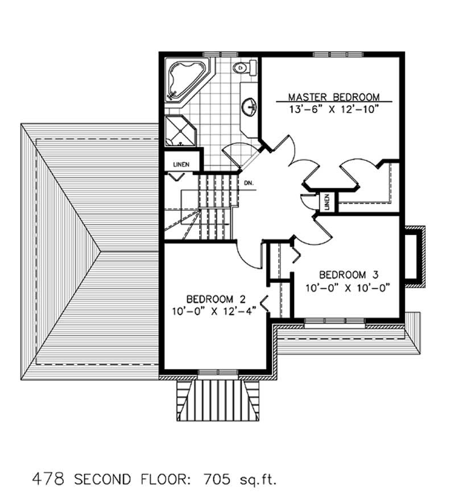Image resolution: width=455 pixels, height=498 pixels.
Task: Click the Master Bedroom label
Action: (x=333, y=97)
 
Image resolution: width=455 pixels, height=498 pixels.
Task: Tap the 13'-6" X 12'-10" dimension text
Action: (x=333, y=108)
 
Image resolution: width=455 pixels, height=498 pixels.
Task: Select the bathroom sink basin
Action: (x=249, y=106)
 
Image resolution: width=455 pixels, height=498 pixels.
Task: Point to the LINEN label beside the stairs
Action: (x=180, y=164)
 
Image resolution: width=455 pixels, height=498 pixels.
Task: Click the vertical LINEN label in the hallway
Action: (x=327, y=202)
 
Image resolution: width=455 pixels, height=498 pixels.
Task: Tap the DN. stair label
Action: (x=248, y=184)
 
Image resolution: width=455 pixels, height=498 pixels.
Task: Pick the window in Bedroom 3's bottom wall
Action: (x=334, y=323)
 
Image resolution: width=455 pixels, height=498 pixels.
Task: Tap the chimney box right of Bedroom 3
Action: (x=415, y=257)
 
